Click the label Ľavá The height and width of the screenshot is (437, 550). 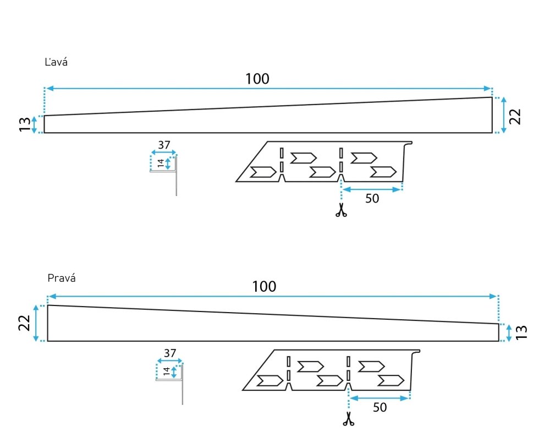(56, 62)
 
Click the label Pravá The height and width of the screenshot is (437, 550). (62, 278)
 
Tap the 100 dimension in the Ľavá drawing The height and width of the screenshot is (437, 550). (257, 79)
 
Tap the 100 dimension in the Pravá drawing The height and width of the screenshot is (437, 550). (264, 286)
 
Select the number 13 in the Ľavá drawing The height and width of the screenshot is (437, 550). (25, 124)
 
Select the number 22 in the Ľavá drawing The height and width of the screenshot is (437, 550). (515, 117)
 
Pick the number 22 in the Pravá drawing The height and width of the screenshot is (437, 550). (24, 323)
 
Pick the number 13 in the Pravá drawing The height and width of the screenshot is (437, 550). (521, 332)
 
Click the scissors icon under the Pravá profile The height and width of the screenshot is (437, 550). (348, 419)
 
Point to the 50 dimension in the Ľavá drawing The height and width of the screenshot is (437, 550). (372, 198)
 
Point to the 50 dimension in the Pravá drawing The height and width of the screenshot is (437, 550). (380, 407)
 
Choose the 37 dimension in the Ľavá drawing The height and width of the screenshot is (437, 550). (164, 145)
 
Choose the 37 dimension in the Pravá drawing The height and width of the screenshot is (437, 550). (170, 353)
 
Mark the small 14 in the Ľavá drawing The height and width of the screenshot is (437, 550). (161, 163)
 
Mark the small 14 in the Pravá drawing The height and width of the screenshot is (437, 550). (167, 371)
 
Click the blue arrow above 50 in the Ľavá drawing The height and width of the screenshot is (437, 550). (371, 189)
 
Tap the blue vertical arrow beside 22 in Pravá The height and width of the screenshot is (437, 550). (36, 323)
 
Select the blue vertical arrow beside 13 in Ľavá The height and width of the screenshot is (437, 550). (34, 124)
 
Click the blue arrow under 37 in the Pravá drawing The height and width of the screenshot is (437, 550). (170, 361)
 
